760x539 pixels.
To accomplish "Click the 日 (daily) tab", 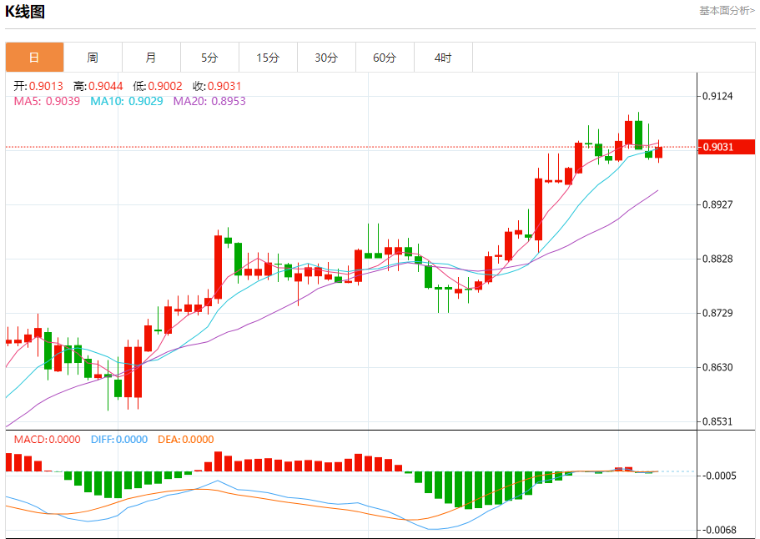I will coord(34,58).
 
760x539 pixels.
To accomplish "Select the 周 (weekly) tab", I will coord(93,58).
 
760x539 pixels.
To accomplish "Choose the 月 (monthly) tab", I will coord(151,58).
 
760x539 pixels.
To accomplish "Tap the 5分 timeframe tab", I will coord(209,58).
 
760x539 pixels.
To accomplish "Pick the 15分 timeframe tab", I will coord(268,58).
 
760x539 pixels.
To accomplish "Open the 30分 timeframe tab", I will coord(326,58).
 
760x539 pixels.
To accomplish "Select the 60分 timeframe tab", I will coord(385,58).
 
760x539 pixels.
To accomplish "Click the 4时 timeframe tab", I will coord(443,58).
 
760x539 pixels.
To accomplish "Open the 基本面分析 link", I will coord(726,11).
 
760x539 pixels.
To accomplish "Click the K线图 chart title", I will coord(26,12).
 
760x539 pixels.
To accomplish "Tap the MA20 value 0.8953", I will coord(228,101).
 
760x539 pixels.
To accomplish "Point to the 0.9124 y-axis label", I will coord(717,96).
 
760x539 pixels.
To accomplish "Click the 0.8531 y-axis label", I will coord(717,421).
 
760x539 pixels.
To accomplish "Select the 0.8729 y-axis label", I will coord(717,313).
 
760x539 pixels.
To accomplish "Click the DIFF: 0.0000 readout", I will coord(119,440).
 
